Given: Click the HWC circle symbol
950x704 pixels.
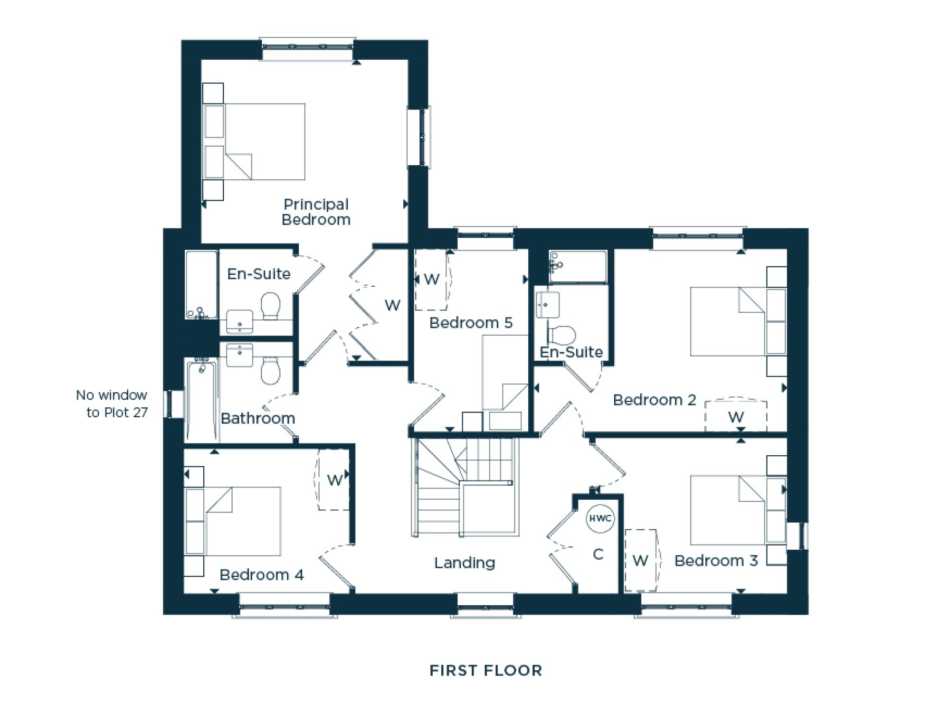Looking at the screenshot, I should point(600,518).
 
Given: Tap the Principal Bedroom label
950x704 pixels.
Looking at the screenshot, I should point(316,212).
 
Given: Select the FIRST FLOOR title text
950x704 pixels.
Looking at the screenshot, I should point(485,670).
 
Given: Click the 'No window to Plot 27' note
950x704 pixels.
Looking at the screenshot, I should point(113,404).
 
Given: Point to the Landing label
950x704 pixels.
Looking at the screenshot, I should point(465,563).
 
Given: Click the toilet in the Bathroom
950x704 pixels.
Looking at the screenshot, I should point(270,371).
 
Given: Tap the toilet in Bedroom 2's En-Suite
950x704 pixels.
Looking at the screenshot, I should point(563,335).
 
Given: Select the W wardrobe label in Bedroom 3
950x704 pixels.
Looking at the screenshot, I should point(640,561).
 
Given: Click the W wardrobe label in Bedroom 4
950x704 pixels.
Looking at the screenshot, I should point(334,480).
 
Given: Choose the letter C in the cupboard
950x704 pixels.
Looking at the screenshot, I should point(598,554).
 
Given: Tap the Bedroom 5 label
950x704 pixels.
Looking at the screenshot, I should point(471,323).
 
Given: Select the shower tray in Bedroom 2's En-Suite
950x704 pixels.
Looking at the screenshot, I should point(578,267).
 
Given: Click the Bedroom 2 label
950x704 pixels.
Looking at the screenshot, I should point(654,400).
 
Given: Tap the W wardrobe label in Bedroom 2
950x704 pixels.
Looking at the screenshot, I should point(736,417).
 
